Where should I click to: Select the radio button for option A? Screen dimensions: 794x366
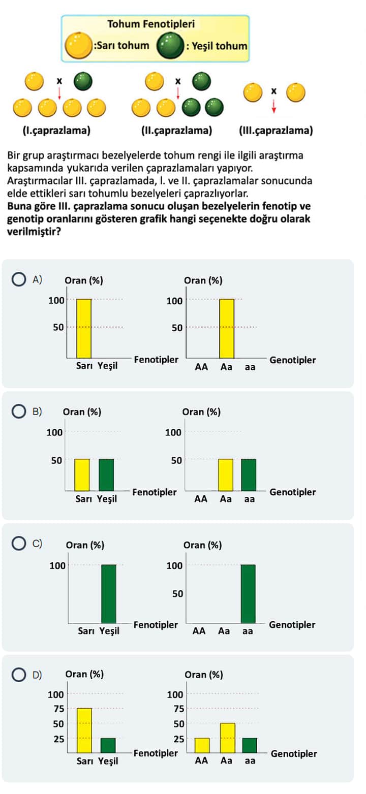[19, 279]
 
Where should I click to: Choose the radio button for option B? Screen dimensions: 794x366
[19, 411]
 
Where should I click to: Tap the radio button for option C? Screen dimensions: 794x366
[19, 544]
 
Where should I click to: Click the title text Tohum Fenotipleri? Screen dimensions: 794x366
[151, 24]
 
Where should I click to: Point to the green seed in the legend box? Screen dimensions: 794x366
[170, 46]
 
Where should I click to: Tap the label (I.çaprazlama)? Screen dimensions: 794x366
[57, 131]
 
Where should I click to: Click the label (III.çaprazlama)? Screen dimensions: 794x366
[276, 131]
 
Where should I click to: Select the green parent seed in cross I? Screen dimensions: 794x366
[83, 80]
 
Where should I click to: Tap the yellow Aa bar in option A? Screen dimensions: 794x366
[227, 329]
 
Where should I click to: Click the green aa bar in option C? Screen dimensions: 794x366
[248, 593]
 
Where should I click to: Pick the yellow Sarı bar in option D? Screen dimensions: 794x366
[84, 731]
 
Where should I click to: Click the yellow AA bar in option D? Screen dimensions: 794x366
[202, 745]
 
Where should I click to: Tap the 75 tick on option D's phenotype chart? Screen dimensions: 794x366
[58, 709]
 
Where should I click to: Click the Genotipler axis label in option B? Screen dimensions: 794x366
[293, 492]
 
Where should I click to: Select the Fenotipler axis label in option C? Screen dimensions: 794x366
[156, 624]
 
